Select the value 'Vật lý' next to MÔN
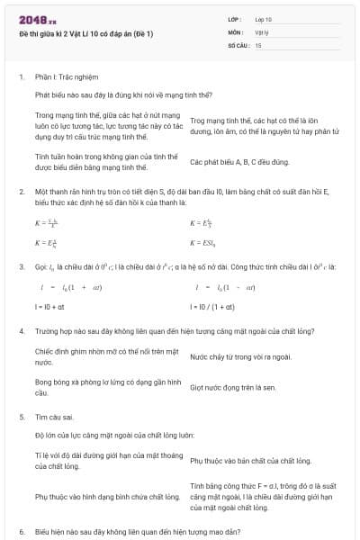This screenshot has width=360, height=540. (x=262, y=31)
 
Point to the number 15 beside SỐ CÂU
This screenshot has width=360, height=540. (x=258, y=44)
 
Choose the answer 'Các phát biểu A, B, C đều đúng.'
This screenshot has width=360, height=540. (x=238, y=163)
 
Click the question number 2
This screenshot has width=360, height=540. (x=22, y=192)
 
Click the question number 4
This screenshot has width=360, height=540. (x=22, y=331)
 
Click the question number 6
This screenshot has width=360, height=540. (x=22, y=533)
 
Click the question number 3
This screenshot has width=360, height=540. (x=22, y=267)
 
